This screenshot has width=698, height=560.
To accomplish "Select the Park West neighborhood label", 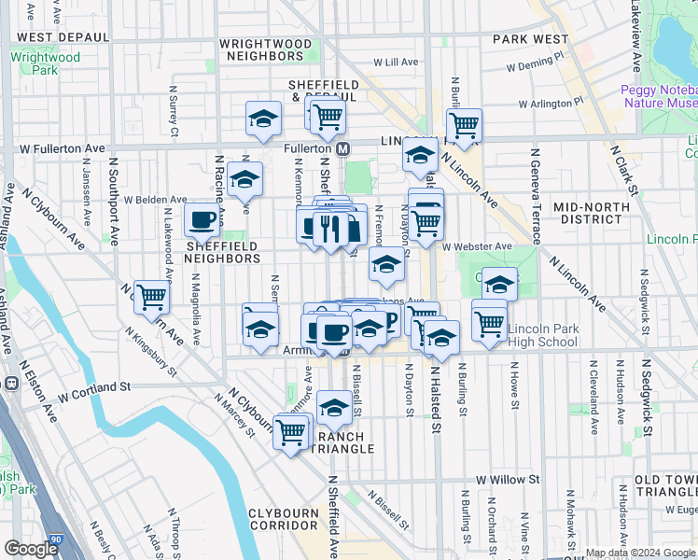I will click(531, 39).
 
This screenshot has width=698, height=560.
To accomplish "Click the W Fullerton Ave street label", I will click(62, 148).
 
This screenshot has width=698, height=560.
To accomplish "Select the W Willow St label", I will click(508, 479).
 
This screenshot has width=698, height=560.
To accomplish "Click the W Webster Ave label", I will click(478, 246).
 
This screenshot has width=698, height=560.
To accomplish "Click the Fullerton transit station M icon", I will click(343, 149).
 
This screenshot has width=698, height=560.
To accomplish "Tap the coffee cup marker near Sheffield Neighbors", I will click(202, 221).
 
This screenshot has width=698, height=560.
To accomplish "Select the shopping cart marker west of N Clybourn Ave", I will click(151, 298).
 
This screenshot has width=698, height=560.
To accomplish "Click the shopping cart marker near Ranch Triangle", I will click(291, 431).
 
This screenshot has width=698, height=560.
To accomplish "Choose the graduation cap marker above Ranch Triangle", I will click(333, 406).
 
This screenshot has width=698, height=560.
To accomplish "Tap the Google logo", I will click(31, 549).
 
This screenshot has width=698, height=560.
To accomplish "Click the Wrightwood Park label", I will click(45, 63).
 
